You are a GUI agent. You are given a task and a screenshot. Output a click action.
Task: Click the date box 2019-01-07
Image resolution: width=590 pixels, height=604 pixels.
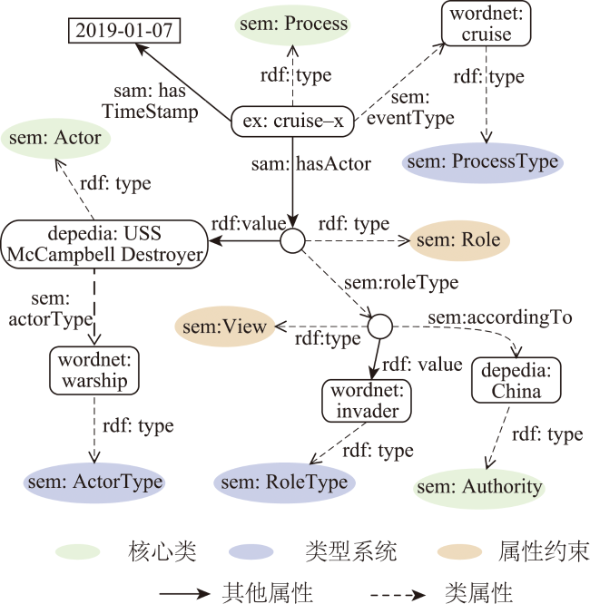(x=124, y=30)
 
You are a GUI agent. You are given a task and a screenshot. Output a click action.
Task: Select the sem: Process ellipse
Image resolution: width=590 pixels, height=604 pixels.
(x=292, y=24)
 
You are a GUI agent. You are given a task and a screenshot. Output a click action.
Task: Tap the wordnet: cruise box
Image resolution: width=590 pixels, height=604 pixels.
(x=486, y=24)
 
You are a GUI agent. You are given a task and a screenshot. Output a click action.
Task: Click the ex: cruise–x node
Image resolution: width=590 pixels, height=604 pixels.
(x=292, y=122)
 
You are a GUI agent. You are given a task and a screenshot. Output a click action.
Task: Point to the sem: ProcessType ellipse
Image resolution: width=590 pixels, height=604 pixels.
(x=482, y=161)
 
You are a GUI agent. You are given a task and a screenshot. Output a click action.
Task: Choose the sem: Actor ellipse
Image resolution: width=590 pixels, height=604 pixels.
(x=55, y=138)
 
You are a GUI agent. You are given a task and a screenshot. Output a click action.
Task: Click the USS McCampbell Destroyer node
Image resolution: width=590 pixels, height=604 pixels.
(x=104, y=244)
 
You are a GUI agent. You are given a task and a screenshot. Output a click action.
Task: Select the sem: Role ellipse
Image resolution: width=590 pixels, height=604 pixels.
(x=459, y=240)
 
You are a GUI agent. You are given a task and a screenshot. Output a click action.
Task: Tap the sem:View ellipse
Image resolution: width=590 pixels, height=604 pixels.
(x=225, y=326)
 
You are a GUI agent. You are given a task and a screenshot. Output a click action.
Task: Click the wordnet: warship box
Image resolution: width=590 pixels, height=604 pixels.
(x=94, y=371)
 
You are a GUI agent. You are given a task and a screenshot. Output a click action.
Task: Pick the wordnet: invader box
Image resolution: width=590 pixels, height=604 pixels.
(x=367, y=401)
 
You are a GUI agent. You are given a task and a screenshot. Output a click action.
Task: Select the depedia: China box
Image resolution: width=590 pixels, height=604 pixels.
(x=516, y=380)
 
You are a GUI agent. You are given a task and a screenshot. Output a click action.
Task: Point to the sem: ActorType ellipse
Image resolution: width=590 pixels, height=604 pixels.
(x=94, y=482)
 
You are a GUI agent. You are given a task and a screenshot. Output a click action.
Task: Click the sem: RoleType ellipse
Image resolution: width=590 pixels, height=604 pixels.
(x=285, y=482)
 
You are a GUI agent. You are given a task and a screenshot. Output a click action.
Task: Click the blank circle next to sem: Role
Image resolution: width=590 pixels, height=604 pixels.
(x=292, y=240)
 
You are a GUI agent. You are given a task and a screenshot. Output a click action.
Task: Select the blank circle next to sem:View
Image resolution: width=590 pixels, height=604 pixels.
(x=379, y=326)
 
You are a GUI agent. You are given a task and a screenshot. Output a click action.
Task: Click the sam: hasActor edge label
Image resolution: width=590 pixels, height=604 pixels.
(x=311, y=164)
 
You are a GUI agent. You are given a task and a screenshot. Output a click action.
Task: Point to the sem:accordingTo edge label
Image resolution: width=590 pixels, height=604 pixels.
(x=500, y=317)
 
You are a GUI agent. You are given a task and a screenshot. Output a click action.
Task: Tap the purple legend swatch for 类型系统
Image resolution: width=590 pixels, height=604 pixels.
(x=251, y=551)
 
